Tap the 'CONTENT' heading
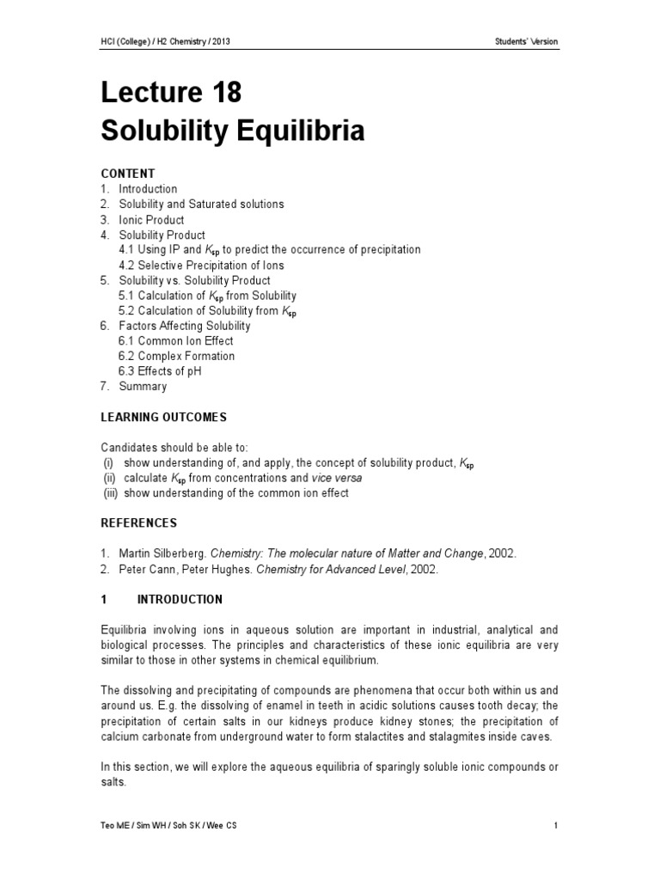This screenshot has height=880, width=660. click(x=128, y=173)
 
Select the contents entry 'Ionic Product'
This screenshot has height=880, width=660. click(x=151, y=219)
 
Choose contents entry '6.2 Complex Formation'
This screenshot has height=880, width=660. click(x=176, y=357)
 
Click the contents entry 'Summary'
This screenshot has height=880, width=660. click(x=143, y=387)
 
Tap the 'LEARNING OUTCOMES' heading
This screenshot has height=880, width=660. click(x=164, y=418)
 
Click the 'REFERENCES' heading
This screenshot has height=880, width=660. click(x=139, y=523)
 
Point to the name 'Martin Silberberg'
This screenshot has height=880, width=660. click(x=162, y=553)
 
